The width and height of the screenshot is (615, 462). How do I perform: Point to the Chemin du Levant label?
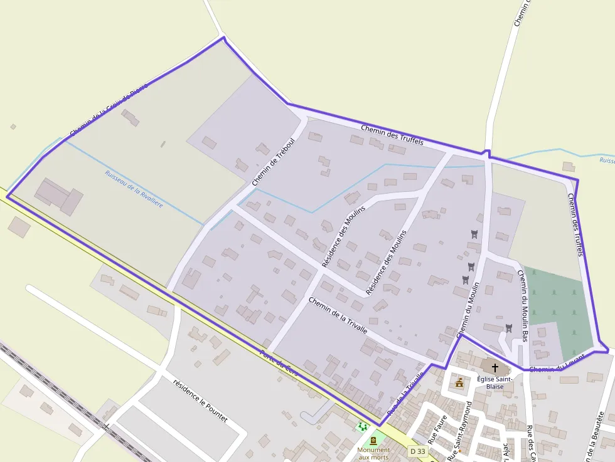557,364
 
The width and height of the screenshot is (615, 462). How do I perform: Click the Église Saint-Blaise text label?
495,382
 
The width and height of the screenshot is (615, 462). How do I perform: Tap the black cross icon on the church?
495,367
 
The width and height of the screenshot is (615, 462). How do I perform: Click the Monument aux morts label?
373,453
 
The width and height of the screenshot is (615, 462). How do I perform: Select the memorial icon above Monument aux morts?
373,441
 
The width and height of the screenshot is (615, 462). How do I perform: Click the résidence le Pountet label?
200,401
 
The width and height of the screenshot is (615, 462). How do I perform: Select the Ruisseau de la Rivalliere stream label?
134,190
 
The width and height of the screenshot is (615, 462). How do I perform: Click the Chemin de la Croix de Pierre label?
108,111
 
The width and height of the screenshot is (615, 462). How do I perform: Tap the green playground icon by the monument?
362,427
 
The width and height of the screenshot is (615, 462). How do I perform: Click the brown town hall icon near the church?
459,382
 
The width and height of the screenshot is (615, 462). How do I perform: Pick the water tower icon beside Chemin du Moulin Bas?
508,328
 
